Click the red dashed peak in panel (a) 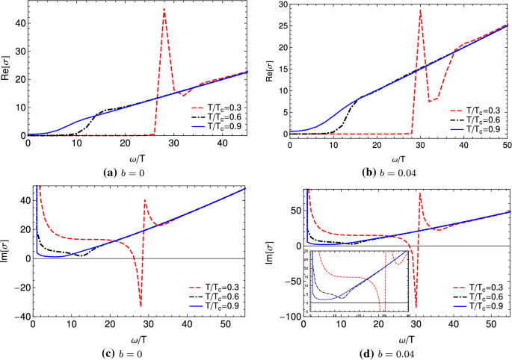(164, 9)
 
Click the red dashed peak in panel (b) (420, 10)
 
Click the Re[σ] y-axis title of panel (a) (7, 67)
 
